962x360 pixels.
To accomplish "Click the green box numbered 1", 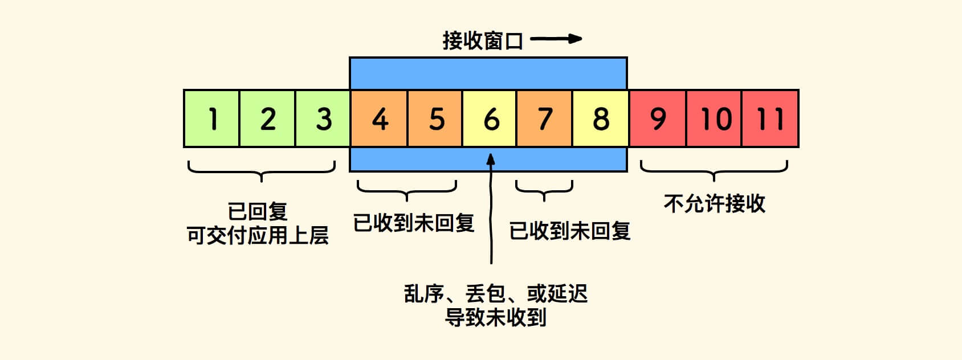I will pyautogui.click(x=211, y=118).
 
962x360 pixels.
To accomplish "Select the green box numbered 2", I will pyautogui.click(x=267, y=118).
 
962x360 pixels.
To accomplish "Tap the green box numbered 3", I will pyautogui.click(x=323, y=118).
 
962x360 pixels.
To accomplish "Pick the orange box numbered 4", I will pyautogui.click(x=379, y=118).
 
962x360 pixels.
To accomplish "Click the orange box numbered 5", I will pyautogui.click(x=435, y=118).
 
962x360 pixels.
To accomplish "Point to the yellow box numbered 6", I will pyautogui.click(x=490, y=118).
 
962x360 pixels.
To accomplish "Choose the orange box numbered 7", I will pyautogui.click(x=545, y=118).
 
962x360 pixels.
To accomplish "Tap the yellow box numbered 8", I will pyautogui.click(x=601, y=118).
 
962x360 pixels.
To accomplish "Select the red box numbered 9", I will pyautogui.click(x=658, y=118).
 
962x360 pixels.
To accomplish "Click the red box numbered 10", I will pyautogui.click(x=715, y=118).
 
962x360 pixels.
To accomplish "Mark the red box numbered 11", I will pyautogui.click(x=770, y=118).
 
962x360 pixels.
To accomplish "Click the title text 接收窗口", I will pyautogui.click(x=483, y=40).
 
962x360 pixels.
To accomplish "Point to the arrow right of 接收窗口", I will pyautogui.click(x=556, y=39).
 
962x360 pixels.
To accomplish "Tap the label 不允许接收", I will pyautogui.click(x=714, y=203).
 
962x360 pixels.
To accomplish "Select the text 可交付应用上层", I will pyautogui.click(x=258, y=235).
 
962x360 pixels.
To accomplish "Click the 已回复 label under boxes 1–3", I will pyautogui.click(x=258, y=211).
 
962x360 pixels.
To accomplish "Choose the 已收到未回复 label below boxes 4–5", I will pyautogui.click(x=414, y=223).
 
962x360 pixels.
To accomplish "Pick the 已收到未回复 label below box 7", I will pyautogui.click(x=570, y=231).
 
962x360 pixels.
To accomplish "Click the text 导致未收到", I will pyautogui.click(x=495, y=317).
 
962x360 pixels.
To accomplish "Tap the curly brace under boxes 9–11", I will pyautogui.click(x=714, y=170).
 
